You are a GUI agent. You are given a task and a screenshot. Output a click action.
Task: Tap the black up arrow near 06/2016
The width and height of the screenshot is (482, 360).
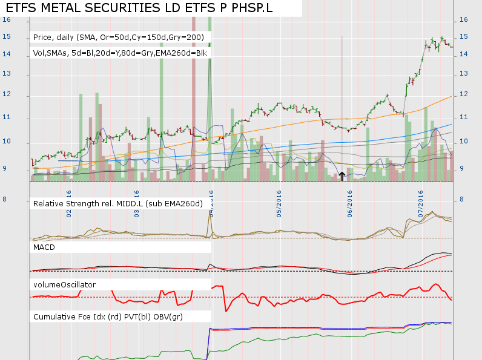(x=342, y=176)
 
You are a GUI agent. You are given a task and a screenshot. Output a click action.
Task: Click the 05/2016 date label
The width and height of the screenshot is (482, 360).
(x=280, y=205)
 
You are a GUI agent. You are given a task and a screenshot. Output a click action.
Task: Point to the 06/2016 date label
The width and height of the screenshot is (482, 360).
(x=351, y=205)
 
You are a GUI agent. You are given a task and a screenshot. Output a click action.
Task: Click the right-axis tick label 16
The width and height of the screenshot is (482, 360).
(x=463, y=19)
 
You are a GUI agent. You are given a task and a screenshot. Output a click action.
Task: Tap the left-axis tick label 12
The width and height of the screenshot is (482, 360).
(x=7, y=95)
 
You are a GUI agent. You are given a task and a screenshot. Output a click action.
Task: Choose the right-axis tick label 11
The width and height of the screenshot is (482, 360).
(x=463, y=117)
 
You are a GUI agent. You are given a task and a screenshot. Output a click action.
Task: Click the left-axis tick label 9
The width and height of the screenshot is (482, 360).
(x=7, y=169)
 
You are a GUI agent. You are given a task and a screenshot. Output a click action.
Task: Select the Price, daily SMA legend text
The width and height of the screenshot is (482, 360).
(x=121, y=38)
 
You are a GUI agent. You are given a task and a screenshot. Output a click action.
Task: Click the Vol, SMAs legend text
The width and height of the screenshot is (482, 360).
(x=120, y=53)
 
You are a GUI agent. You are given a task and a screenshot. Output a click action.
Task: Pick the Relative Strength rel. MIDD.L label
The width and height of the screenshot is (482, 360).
(x=118, y=203)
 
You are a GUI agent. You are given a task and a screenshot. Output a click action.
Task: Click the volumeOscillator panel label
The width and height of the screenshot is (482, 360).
(x=65, y=284)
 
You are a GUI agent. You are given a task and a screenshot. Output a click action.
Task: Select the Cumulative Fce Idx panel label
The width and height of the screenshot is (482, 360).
(x=108, y=316)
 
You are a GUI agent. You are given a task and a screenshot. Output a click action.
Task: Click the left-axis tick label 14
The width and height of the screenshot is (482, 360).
(x=7, y=54)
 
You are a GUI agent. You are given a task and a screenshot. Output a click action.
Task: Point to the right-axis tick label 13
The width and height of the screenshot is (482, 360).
(x=463, y=74)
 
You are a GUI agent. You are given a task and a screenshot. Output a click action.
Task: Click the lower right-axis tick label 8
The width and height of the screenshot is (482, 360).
(x=461, y=200)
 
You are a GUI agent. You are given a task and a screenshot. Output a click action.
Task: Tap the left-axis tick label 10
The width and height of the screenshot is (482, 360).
(x=7, y=142)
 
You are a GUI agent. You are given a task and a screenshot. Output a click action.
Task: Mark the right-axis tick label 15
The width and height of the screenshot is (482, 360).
(x=463, y=37)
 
